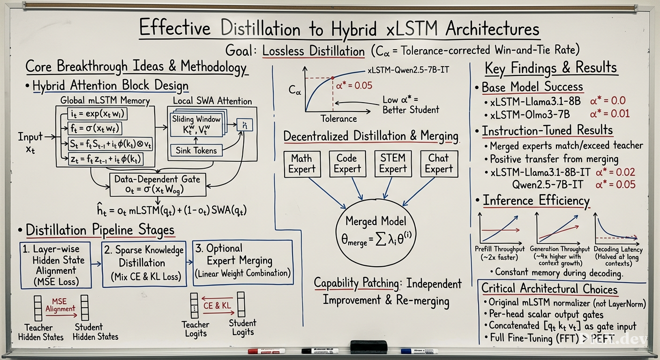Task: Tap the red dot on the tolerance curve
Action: pos(333,78)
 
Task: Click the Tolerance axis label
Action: pos(338,119)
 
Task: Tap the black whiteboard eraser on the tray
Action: pos(368,347)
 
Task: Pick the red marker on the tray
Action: pos(266,351)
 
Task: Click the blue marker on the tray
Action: pos(419,351)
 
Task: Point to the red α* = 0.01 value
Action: pos(610,114)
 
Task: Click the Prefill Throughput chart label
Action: pos(500,253)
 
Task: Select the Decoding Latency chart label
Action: pos(618,256)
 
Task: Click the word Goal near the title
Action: pos(239,51)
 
